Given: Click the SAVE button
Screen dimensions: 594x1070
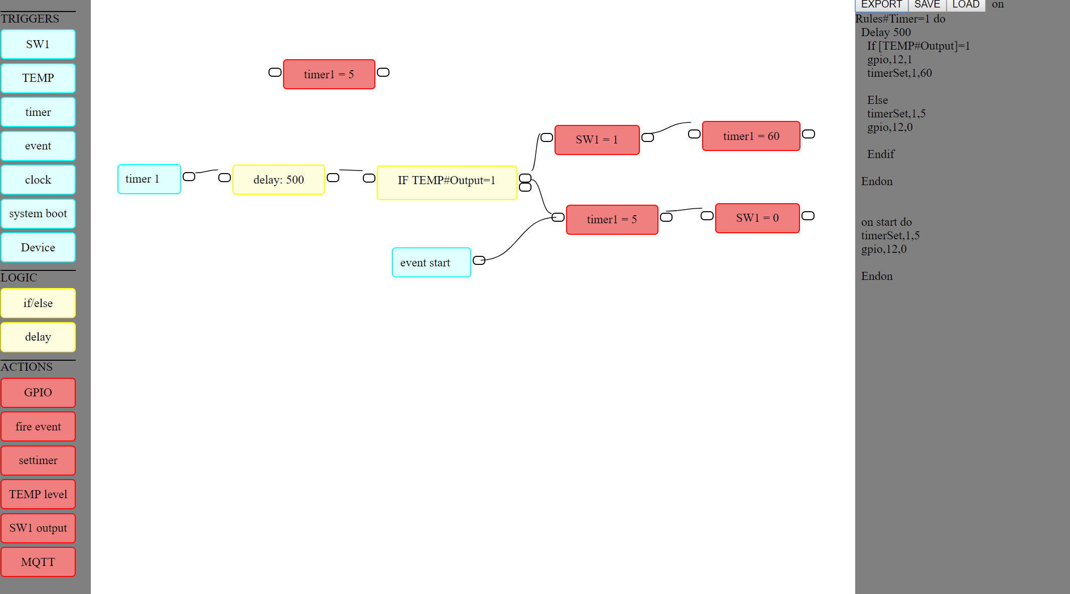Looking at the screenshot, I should click(x=927, y=5).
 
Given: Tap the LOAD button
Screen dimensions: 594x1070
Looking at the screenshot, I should click(x=966, y=5).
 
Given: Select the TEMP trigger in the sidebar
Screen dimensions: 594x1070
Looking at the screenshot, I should click(x=38, y=78).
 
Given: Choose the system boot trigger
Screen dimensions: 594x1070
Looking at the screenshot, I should click(x=38, y=214).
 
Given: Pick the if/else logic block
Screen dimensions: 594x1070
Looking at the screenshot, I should click(x=38, y=303).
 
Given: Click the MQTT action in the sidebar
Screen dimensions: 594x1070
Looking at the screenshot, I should click(x=38, y=562).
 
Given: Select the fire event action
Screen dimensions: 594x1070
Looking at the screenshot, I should click(x=38, y=426).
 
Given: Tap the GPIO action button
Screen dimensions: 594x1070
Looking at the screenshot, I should click(x=38, y=393).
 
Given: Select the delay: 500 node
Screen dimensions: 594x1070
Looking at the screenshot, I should click(x=279, y=180).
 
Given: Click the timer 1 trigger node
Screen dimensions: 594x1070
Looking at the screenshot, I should click(x=149, y=179).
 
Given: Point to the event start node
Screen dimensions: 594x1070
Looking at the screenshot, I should click(x=431, y=262).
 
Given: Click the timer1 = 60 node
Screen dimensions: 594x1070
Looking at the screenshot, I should click(x=751, y=136).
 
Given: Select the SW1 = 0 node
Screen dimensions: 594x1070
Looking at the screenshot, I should click(x=757, y=218).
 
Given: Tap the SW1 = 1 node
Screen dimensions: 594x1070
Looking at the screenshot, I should click(x=597, y=140).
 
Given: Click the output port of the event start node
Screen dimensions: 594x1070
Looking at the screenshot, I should click(x=479, y=260).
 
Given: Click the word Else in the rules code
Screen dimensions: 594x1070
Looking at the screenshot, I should click(x=877, y=100).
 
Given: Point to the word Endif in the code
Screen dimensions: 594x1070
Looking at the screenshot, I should click(x=880, y=155).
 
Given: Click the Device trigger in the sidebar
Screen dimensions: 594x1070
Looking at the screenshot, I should click(x=38, y=247).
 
